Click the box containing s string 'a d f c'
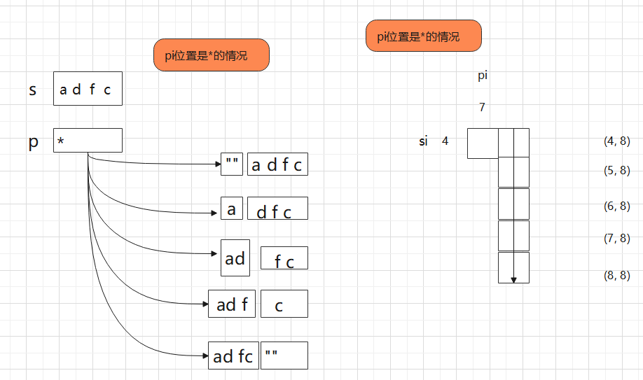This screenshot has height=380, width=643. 88,89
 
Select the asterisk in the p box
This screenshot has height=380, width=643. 61,141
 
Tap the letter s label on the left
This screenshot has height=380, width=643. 33,90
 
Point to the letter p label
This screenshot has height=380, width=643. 34,143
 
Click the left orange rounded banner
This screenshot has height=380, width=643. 212,55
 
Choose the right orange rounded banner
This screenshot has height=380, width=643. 424,36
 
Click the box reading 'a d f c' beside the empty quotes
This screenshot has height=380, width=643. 277,164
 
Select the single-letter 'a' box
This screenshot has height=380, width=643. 232,209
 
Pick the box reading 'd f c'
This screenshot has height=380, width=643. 277,209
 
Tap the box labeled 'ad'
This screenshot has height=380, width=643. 235,258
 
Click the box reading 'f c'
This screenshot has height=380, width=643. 284,258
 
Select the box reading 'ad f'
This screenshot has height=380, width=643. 232,304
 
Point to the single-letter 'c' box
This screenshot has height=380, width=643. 284,304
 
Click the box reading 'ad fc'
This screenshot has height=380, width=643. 233,356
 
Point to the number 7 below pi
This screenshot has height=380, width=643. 482,107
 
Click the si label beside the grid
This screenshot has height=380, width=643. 423,141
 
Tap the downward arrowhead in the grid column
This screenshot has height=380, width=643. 513,281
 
